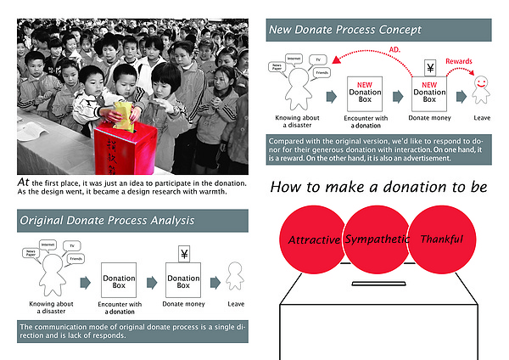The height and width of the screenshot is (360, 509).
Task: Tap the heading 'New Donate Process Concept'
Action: click(x=344, y=30)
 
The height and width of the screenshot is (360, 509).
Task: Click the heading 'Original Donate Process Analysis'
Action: click(x=107, y=221)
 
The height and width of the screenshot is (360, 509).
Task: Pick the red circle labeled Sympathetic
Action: click(x=377, y=239)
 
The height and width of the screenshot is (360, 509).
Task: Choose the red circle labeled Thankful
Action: click(x=442, y=239)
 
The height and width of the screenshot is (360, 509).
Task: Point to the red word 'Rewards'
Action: click(x=459, y=61)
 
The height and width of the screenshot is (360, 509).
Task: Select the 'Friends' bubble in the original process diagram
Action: click(x=76, y=257)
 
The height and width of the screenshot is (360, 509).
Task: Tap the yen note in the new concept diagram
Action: click(x=429, y=67)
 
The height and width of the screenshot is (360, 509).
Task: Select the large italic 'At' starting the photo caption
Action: click(x=24, y=182)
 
